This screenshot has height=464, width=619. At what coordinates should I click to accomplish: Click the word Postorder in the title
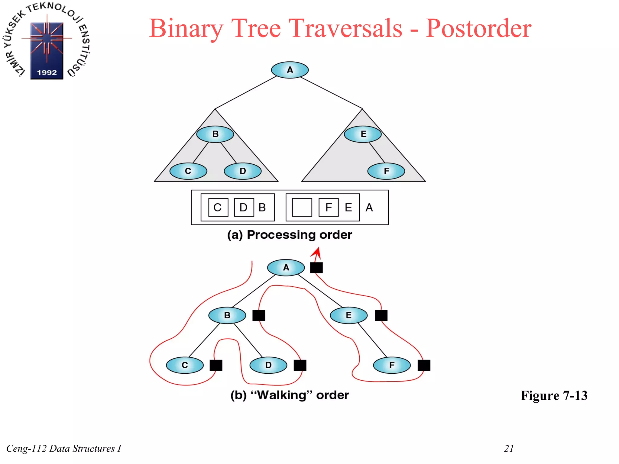click(478, 28)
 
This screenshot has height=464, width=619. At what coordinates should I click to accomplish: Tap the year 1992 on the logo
click(47, 72)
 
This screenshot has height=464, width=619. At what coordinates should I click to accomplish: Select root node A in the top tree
click(290, 70)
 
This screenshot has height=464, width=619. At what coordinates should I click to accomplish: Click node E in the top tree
click(363, 134)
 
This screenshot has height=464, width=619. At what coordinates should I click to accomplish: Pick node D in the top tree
click(242, 171)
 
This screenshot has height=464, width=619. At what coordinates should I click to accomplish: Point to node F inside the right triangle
click(386, 171)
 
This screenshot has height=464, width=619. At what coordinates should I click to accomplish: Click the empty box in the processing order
click(302, 208)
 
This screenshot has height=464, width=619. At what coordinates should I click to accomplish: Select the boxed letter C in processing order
click(218, 208)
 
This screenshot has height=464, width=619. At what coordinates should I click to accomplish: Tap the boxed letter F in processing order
click(329, 208)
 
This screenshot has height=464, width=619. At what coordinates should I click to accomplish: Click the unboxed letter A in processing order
click(369, 208)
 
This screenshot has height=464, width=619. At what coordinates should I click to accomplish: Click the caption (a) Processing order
click(290, 235)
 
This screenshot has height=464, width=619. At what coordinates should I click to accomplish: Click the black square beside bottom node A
click(316, 268)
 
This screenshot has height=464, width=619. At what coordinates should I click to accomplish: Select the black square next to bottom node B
click(259, 315)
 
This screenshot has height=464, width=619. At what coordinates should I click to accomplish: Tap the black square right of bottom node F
click(424, 365)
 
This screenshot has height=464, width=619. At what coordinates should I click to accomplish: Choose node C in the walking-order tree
click(185, 365)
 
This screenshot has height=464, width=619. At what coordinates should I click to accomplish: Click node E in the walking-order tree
click(348, 315)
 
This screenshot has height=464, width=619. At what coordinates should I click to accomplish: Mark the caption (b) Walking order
click(290, 395)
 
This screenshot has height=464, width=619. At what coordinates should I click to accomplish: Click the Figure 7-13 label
click(554, 395)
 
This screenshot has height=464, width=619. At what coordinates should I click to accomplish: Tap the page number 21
click(509, 448)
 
